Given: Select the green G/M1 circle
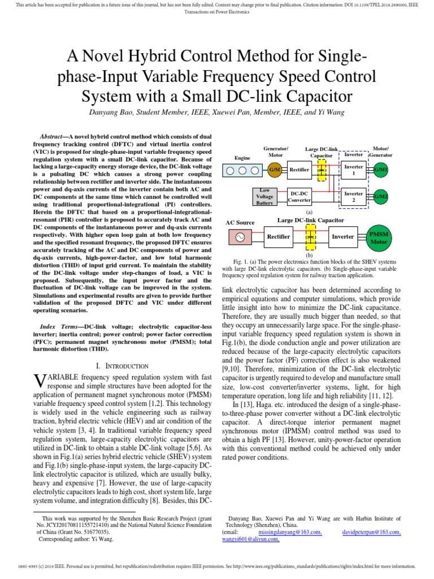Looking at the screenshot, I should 380,169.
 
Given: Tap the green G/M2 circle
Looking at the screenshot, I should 380,196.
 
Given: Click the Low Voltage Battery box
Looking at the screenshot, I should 264,196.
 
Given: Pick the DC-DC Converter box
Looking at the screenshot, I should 300,196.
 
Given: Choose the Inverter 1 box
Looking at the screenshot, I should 354,170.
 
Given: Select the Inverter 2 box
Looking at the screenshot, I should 354,196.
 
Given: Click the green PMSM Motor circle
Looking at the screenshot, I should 379,237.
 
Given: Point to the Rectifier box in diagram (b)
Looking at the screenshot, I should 278,237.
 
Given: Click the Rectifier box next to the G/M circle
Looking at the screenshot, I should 300,169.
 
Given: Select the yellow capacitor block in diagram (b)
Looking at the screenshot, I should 310,237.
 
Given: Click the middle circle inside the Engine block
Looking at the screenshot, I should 244,169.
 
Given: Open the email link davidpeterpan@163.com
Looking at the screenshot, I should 372,532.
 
